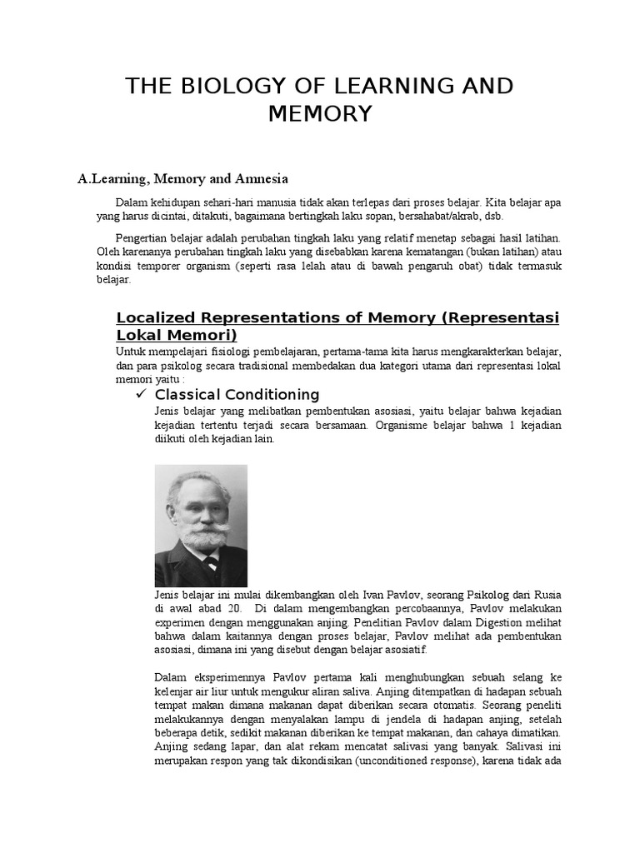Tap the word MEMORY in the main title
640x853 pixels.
pyautogui.click(x=319, y=114)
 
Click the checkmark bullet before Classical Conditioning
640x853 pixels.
pyautogui.click(x=141, y=394)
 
